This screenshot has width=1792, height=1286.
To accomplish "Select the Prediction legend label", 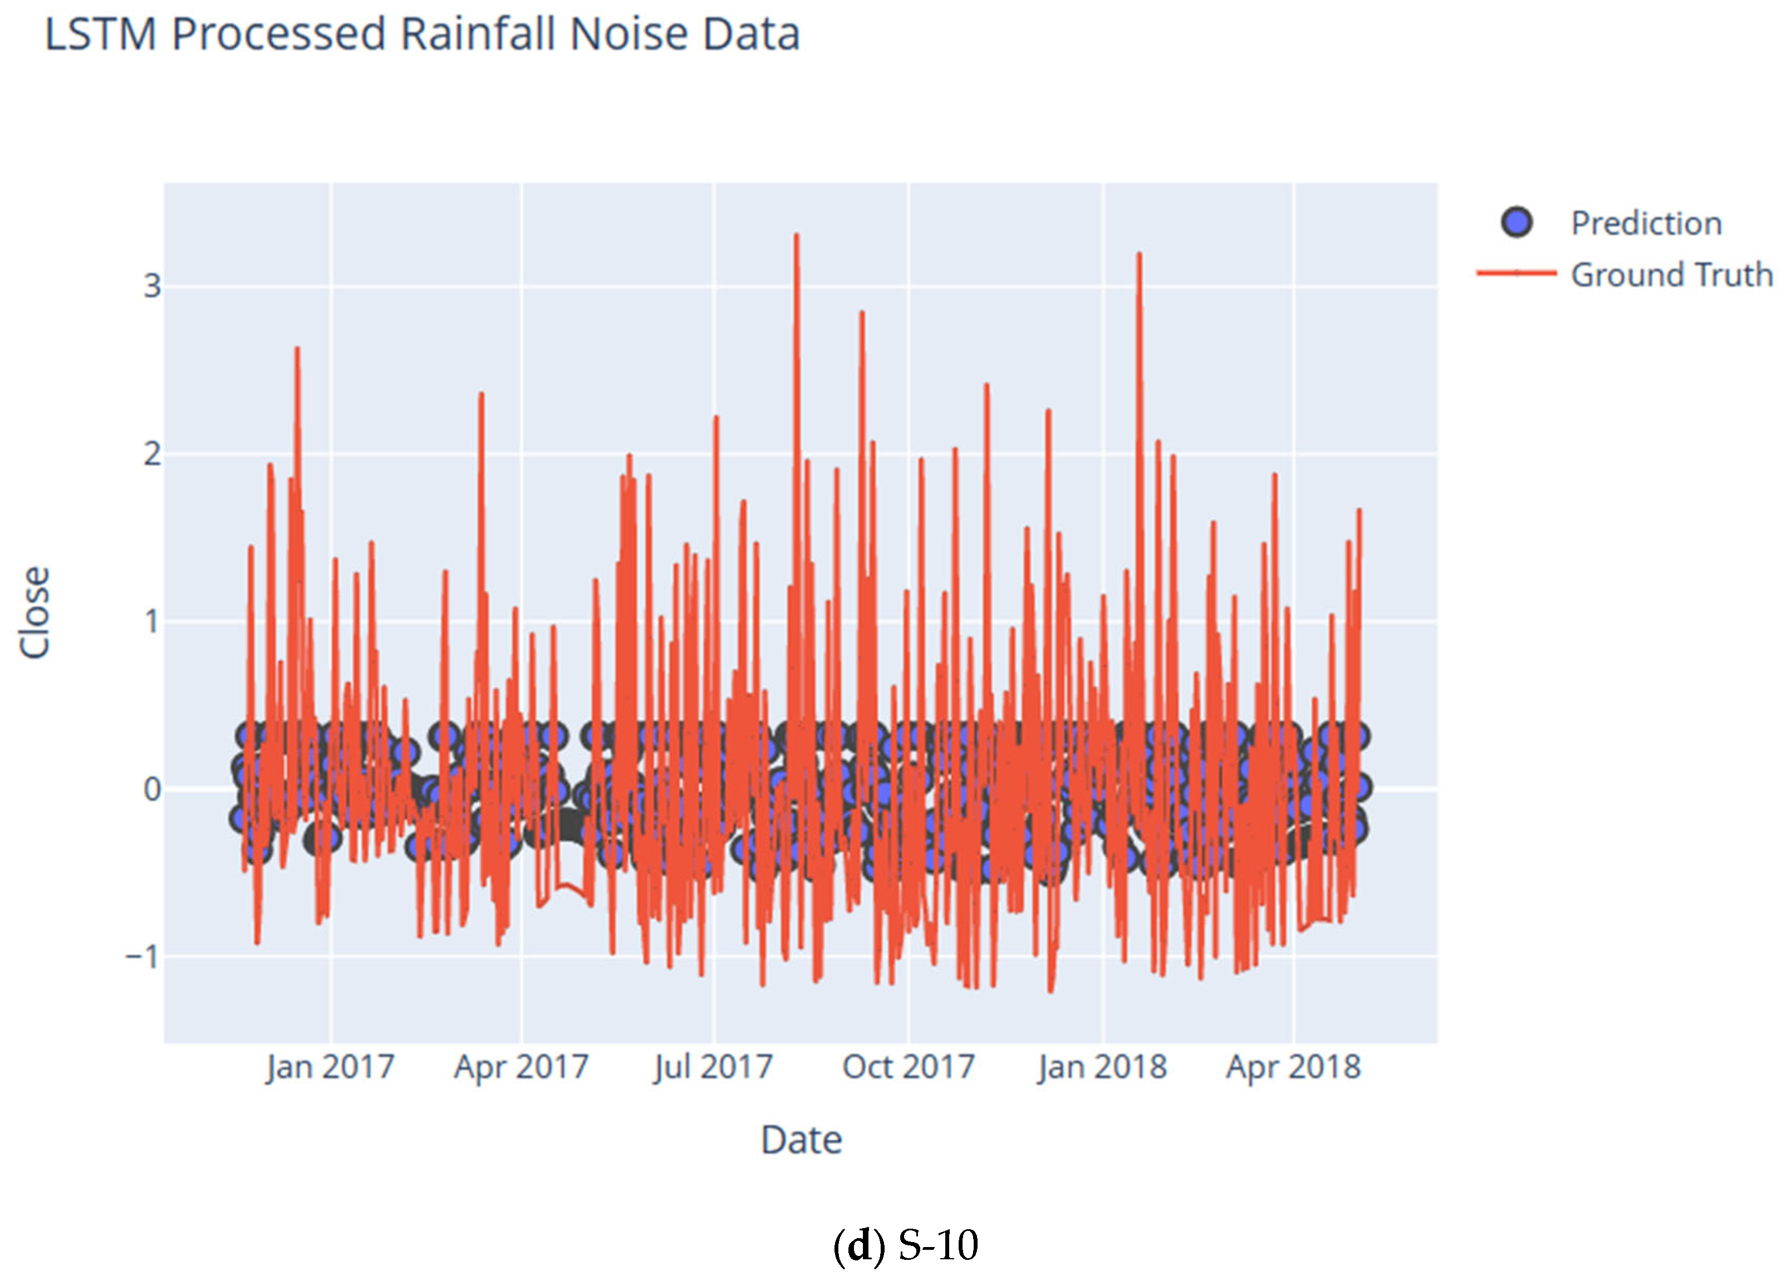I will coord(1646,224).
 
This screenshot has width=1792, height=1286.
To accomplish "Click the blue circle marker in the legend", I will coord(1516,223).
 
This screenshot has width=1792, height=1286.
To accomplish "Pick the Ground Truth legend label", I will coord(1671,275).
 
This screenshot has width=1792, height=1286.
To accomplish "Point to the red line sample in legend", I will coord(1516,273).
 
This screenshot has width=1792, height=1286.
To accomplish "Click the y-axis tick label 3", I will coord(152,286).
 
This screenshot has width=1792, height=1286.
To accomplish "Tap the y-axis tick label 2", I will coord(152,454).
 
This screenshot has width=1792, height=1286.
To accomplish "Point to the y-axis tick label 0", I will coord(152,789).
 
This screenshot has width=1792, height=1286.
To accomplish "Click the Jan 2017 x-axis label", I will coord(330,1067).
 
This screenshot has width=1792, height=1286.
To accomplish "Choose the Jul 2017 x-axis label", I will coord(713,1067).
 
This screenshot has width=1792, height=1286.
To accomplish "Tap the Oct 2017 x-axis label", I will coord(908,1067).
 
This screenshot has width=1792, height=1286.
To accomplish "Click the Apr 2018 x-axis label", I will coord(1293,1067).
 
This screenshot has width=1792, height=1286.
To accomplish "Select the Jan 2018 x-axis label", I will coord(1102,1067).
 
